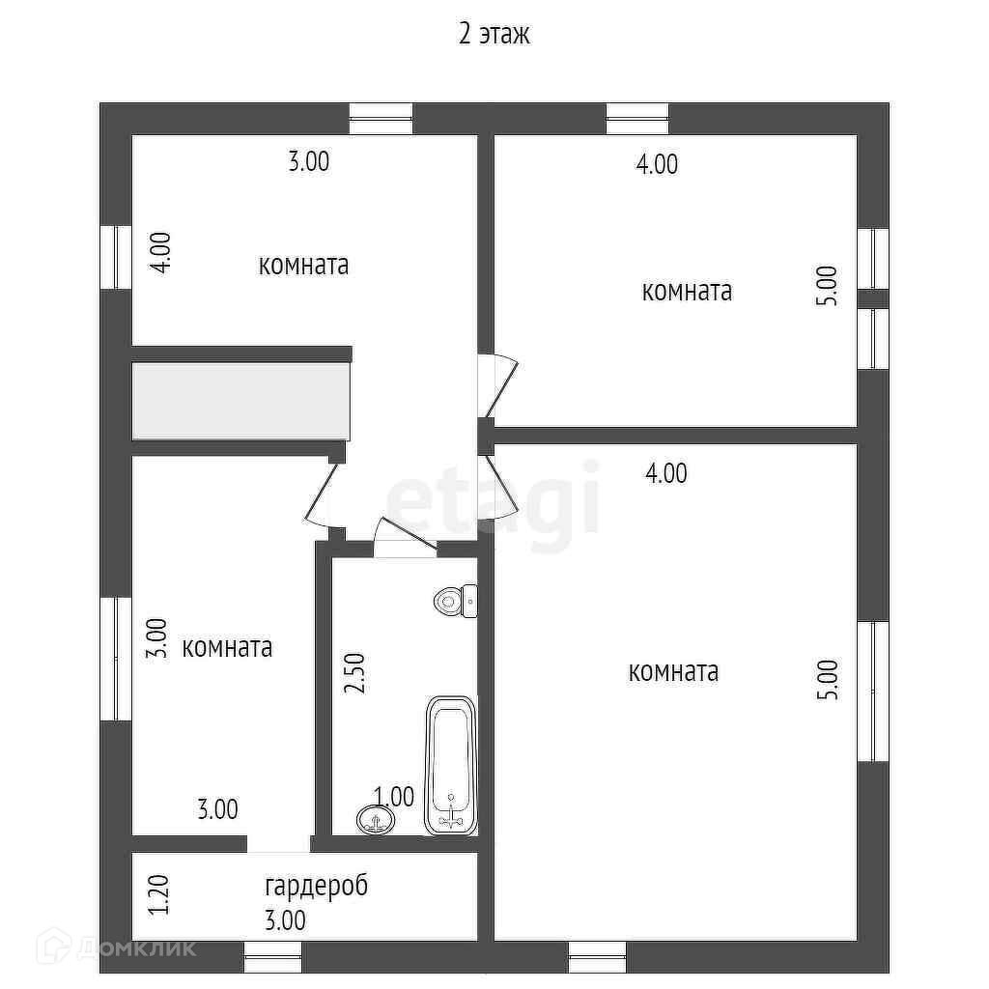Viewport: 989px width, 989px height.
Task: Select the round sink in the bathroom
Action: point(375,820)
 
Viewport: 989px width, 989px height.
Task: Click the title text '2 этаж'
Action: point(494,36)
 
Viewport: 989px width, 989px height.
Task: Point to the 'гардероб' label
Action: point(316,885)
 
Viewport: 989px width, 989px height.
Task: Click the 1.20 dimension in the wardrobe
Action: point(159,895)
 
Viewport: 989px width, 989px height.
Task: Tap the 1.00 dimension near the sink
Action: point(394,797)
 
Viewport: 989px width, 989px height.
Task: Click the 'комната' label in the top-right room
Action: point(687,291)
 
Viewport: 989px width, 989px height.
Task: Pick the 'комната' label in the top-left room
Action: point(303,265)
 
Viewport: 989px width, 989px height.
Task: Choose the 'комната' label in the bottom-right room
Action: point(673,671)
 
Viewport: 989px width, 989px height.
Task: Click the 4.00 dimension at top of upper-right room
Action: point(657,164)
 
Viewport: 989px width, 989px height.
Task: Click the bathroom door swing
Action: point(404,537)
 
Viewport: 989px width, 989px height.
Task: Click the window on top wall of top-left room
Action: point(381,118)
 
